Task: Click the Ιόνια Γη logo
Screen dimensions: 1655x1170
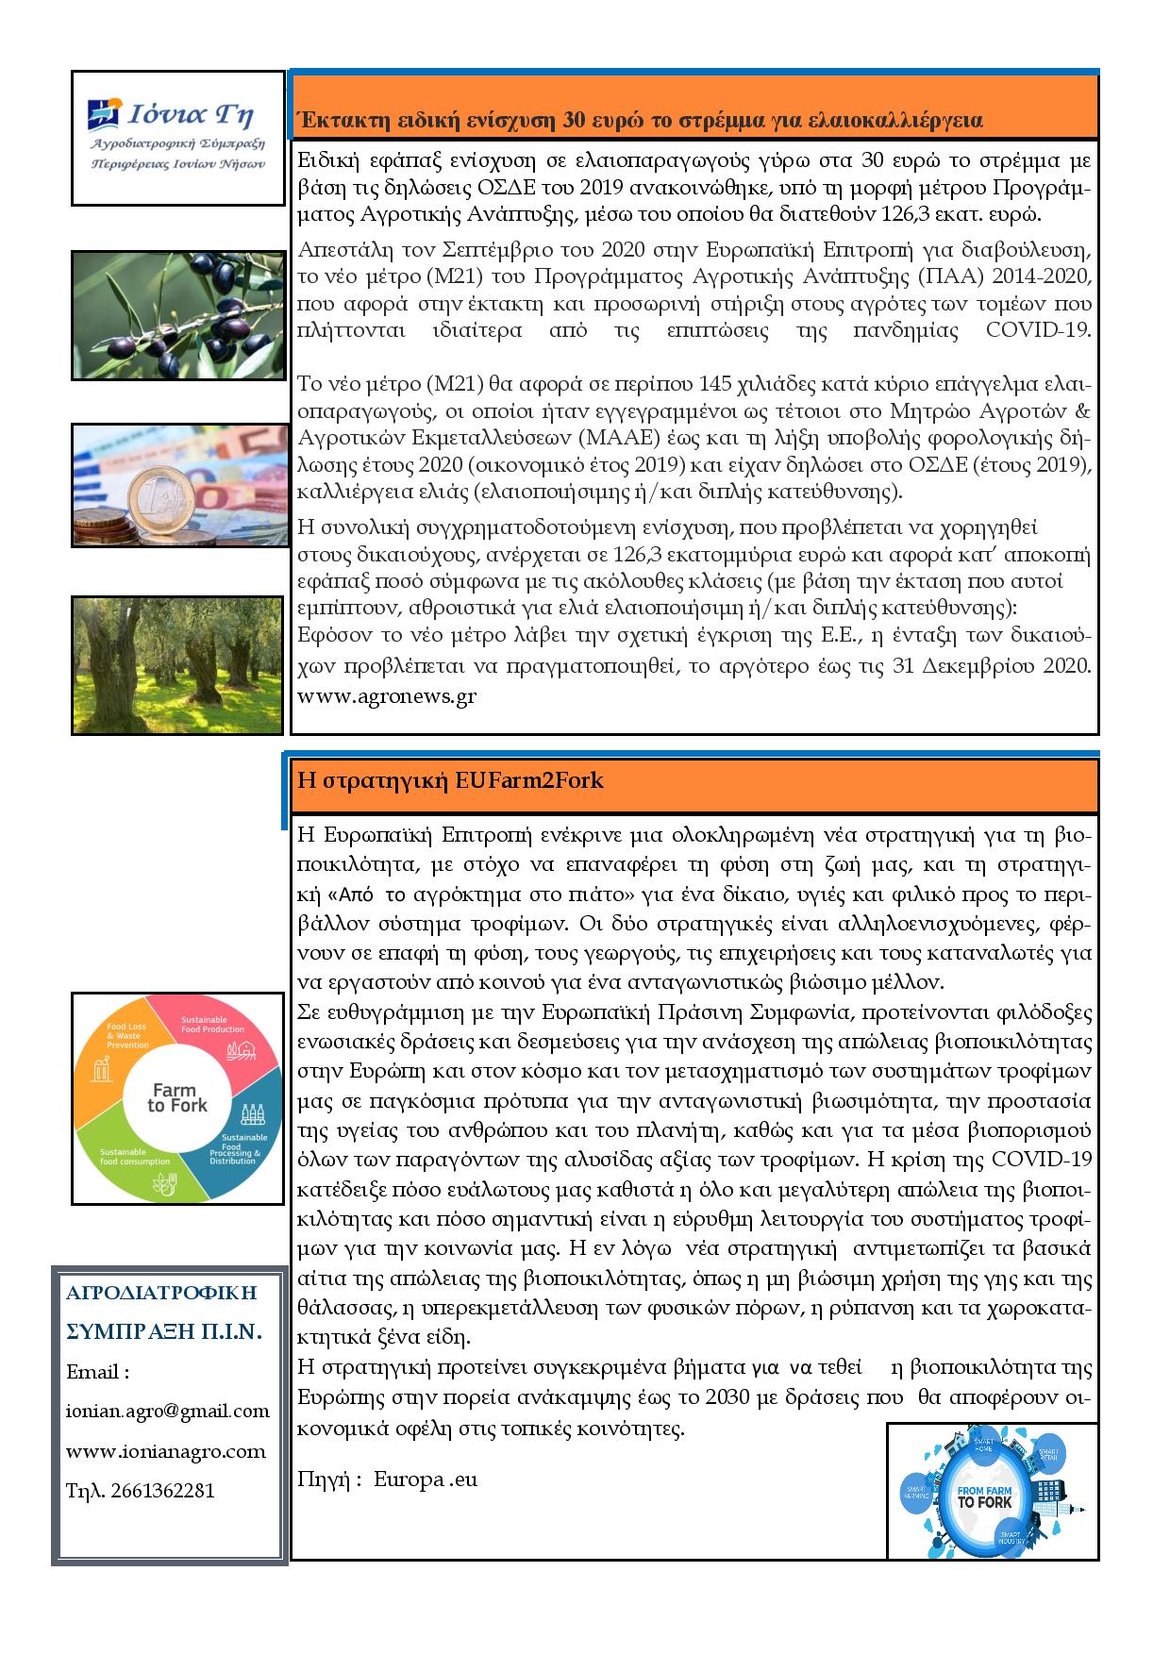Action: point(177,136)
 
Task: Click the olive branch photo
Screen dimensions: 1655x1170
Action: point(178,314)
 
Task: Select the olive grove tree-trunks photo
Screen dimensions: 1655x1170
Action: point(177,664)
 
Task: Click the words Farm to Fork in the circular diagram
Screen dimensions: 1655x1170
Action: point(177,1097)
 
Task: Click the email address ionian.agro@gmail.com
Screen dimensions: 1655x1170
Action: point(168,1411)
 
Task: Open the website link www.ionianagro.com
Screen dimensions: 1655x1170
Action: point(166,1451)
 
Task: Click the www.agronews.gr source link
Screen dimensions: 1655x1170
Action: point(387,696)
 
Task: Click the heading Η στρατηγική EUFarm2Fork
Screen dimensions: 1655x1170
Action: point(450,780)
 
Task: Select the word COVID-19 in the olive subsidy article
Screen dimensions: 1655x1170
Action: point(1038,330)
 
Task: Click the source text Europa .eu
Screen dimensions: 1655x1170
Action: point(426,1479)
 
